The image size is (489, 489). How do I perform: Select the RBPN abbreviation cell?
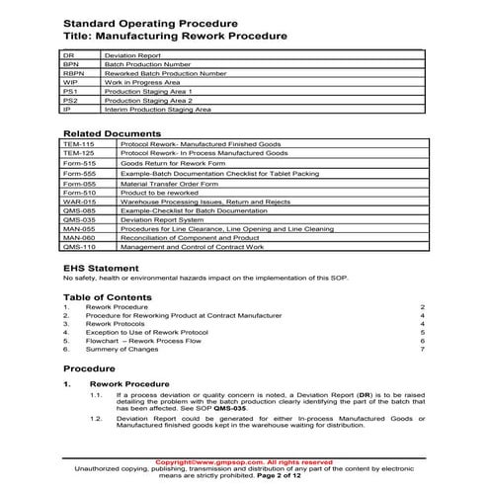pyautogui.click(x=74, y=73)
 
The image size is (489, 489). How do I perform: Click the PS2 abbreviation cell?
pyautogui.click(x=70, y=101)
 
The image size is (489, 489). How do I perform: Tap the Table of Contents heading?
pyautogui.click(x=111, y=296)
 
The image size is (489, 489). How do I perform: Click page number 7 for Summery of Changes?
pyautogui.click(x=422, y=350)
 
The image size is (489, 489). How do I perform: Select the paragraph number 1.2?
pyautogui.click(x=122, y=419)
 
